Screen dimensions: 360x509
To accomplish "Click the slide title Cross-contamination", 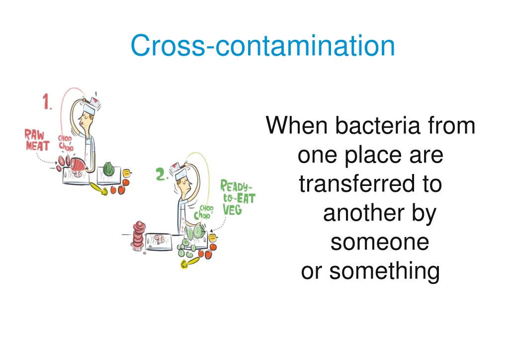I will coord(262,46).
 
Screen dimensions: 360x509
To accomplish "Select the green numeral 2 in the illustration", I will coord(161,175).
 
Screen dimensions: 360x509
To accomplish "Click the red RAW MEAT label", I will coord(37,140).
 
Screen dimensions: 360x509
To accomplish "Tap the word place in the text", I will coord(363,155).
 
